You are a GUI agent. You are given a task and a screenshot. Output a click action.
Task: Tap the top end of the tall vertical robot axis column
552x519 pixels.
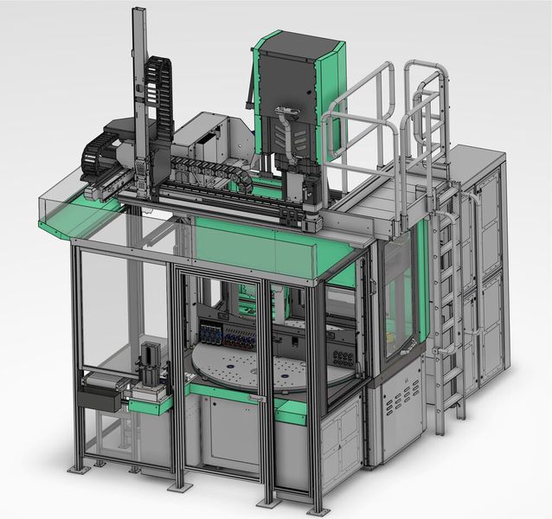coord(139,12)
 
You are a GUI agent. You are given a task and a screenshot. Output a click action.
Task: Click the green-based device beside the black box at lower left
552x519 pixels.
coord(152,381)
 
